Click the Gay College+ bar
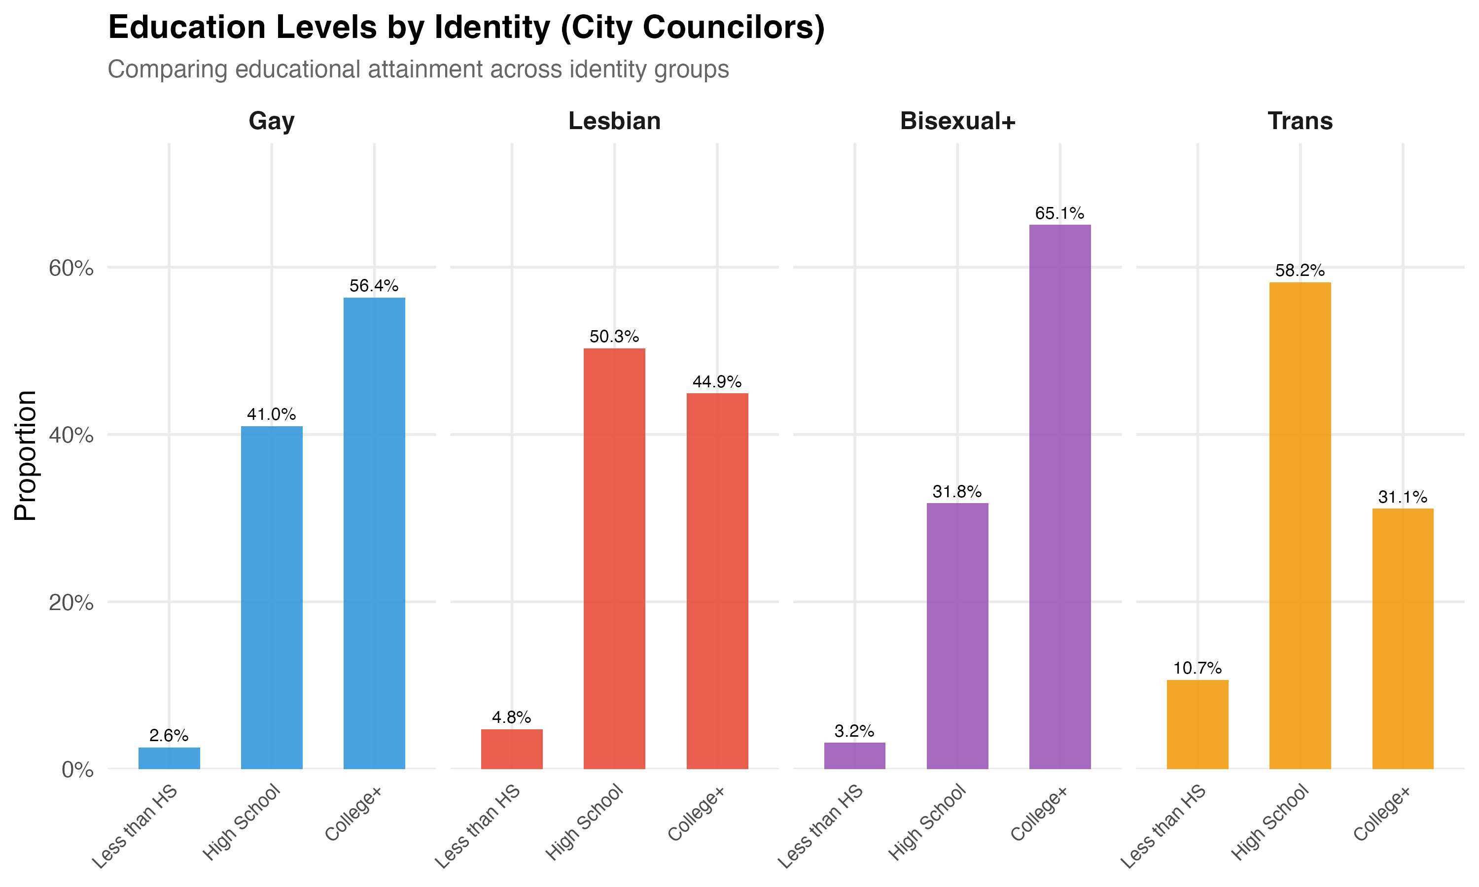[x=374, y=533]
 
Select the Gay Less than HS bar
[x=169, y=758]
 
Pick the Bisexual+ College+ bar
[x=1059, y=497]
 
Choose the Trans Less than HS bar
[x=1197, y=724]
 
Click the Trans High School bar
[x=1300, y=525]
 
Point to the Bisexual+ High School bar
[x=957, y=636]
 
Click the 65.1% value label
[x=1059, y=213]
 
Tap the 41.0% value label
[x=272, y=414]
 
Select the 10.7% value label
[x=1197, y=668]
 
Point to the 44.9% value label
[x=717, y=381]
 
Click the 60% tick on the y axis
[x=71, y=269]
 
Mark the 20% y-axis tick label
[x=71, y=603]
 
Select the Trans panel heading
[x=1300, y=121]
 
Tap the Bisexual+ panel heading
[x=957, y=121]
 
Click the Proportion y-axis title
[x=26, y=455]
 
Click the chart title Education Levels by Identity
[x=466, y=28]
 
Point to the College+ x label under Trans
[x=1382, y=815]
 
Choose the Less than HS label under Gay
[x=136, y=826]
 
